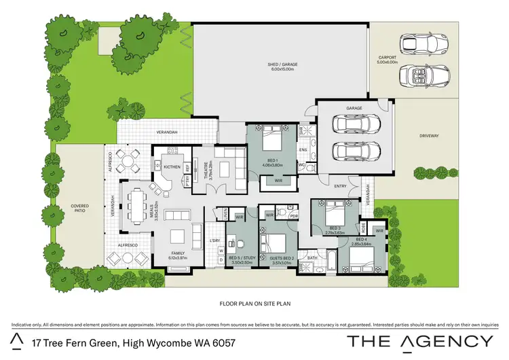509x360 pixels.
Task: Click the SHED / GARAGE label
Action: pyautogui.click(x=282, y=65)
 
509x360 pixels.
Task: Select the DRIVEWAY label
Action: pyautogui.click(x=430, y=136)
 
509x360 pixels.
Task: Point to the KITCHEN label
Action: pyautogui.click(x=172, y=166)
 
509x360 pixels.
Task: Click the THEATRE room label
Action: pyautogui.click(x=208, y=168)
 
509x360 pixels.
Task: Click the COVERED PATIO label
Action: pyautogui.click(x=79, y=209)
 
